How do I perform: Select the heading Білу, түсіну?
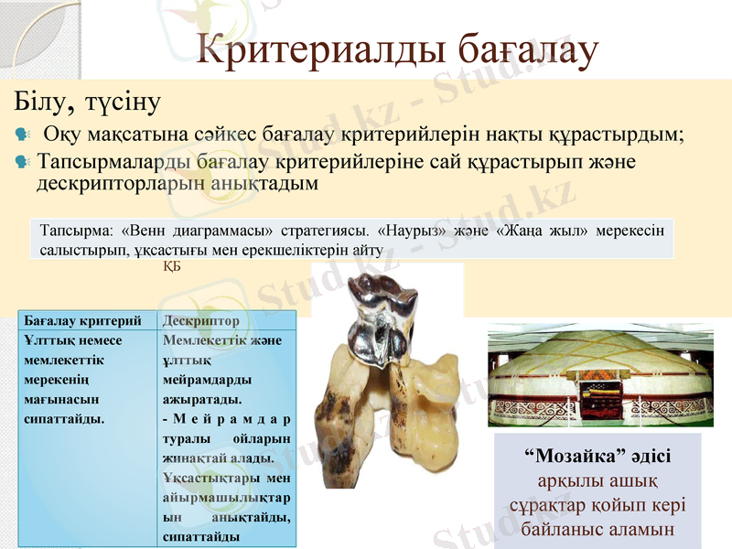(x=87, y=98)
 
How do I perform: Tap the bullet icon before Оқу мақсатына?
(x=23, y=135)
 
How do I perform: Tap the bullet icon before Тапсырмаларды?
(x=23, y=161)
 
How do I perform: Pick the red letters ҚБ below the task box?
(x=171, y=266)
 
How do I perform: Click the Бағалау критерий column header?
(x=81, y=321)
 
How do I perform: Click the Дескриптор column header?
(x=200, y=321)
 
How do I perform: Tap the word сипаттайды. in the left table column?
(x=63, y=418)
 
